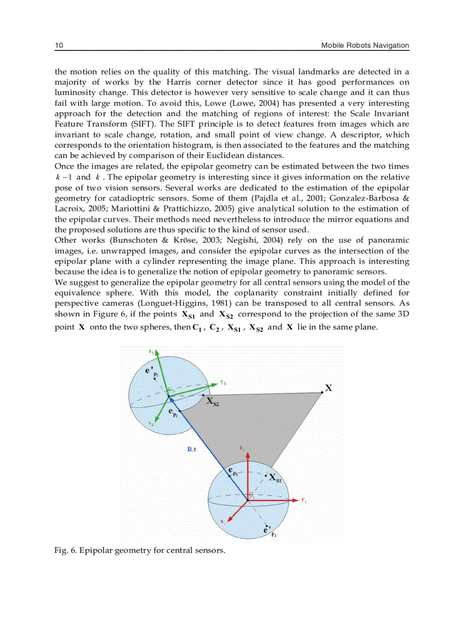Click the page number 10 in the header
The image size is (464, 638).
click(x=58, y=45)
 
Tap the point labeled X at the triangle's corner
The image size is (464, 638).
click(x=322, y=391)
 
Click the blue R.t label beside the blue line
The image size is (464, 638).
click(x=192, y=449)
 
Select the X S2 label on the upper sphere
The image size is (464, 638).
click(x=212, y=402)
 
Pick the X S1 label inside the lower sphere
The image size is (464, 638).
click(x=273, y=478)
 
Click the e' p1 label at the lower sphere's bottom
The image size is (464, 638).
click(x=269, y=531)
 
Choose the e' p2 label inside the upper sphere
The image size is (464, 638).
click(x=151, y=372)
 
